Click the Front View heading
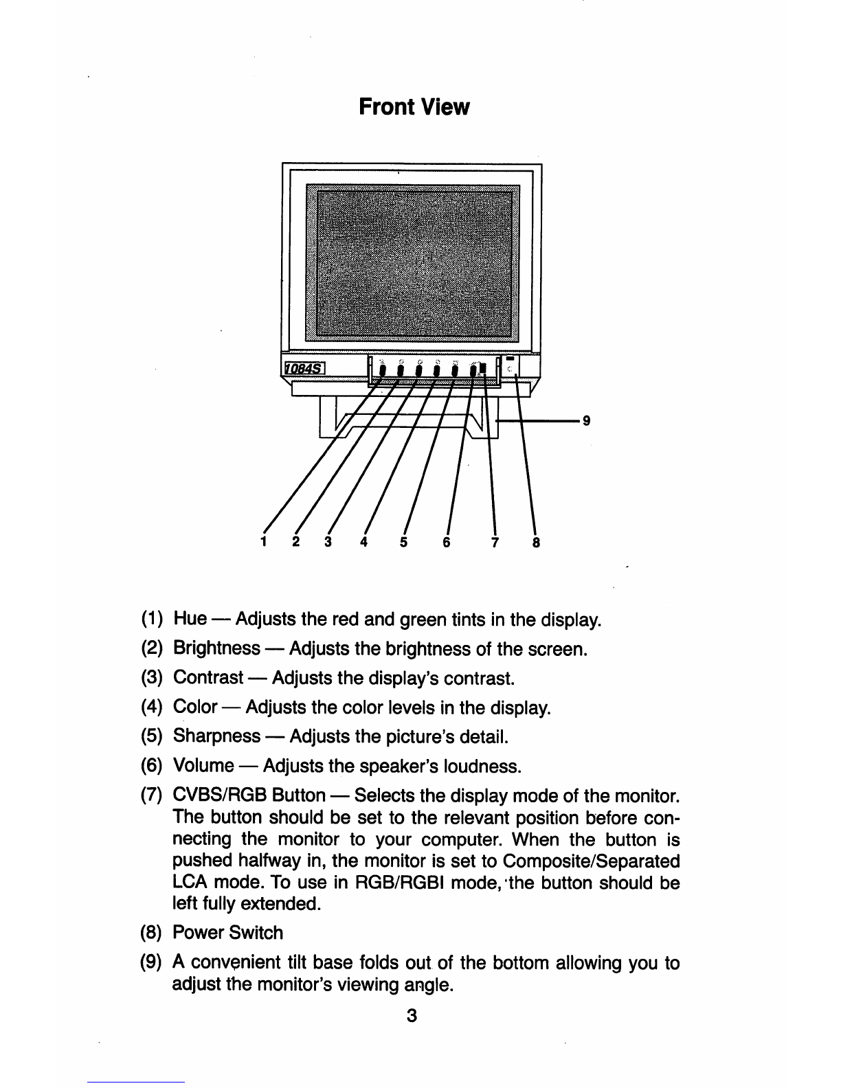[414, 107]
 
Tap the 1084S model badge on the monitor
[305, 370]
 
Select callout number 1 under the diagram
[262, 542]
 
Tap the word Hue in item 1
[190, 619]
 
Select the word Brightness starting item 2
[216, 649]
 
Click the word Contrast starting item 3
[208, 679]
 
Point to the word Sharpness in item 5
[216, 736]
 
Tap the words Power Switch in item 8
[227, 933]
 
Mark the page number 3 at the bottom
[411, 1015]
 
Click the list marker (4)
[151, 707]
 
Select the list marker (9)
[151, 963]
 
